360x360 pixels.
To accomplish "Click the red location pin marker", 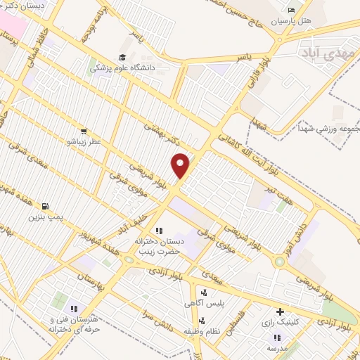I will [181, 165].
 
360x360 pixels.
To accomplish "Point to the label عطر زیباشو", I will [84, 141].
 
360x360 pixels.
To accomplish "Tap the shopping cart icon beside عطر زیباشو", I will [84, 131].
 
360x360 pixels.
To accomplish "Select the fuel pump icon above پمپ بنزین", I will [46, 206].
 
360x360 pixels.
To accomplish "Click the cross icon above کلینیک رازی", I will [281, 311].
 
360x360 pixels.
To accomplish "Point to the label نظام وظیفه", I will [202, 330].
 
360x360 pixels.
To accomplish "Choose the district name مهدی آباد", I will [321, 53].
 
